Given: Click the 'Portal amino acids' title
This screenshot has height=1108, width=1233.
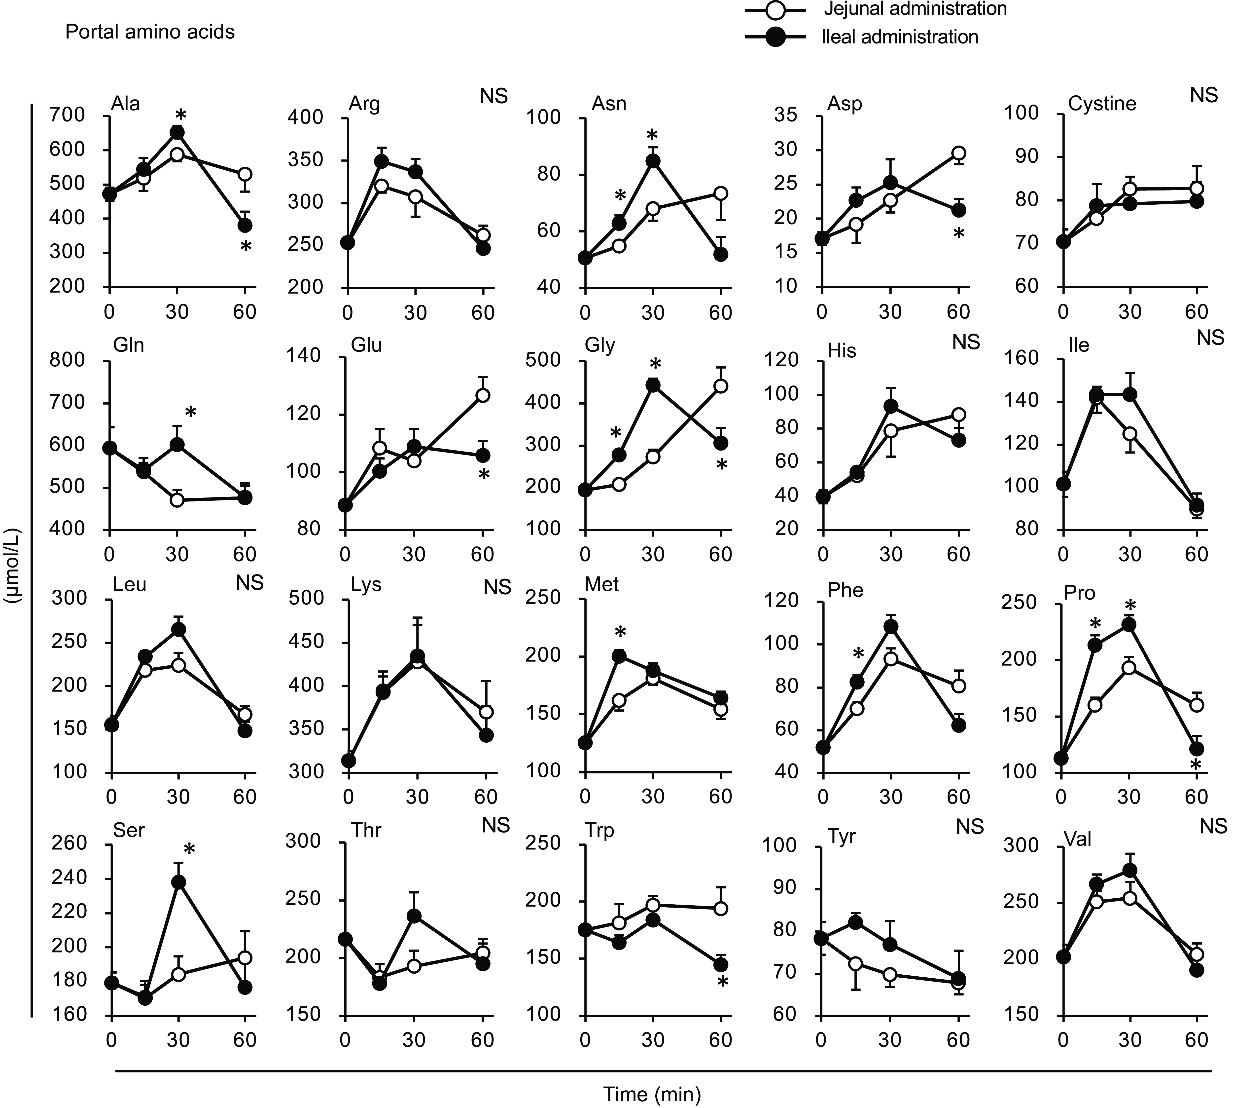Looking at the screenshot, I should pyautogui.click(x=150, y=32).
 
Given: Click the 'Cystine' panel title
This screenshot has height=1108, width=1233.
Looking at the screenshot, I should pyautogui.click(x=1102, y=104).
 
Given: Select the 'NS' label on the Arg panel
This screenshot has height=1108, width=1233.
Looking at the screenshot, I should pyautogui.click(x=493, y=96).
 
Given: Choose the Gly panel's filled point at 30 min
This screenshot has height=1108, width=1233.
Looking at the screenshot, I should pyautogui.click(x=653, y=385).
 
